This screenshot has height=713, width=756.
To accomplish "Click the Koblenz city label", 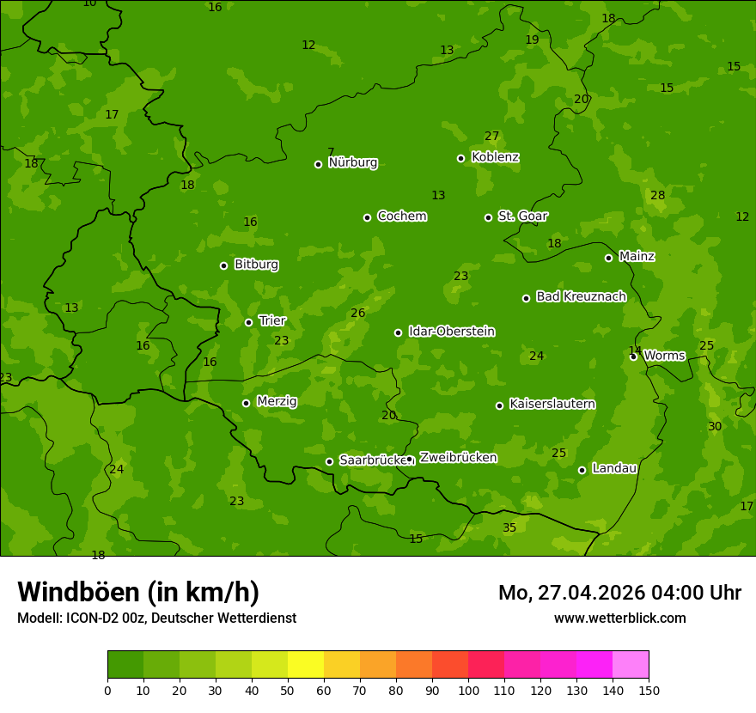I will [x=495, y=157].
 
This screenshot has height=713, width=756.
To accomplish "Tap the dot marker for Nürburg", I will [x=318, y=164].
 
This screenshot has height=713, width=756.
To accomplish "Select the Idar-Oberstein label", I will [x=451, y=332].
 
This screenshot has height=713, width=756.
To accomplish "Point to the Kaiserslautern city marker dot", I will [x=499, y=405].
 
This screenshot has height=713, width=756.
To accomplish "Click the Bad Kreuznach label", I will [x=581, y=296].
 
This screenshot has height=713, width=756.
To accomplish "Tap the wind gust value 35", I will [x=509, y=527].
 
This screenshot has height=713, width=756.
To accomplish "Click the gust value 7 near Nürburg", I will [x=331, y=152].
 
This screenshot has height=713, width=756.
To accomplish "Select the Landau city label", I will [x=614, y=468].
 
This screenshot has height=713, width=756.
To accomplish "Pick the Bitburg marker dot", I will [x=223, y=265].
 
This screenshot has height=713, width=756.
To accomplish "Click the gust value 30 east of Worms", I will [x=715, y=426].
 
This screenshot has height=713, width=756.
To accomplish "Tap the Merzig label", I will [x=277, y=401].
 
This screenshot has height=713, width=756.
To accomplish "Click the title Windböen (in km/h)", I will [x=138, y=592].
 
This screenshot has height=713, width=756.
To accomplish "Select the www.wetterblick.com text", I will [x=619, y=618].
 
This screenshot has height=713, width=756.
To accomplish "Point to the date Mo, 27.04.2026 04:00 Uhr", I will [x=619, y=593].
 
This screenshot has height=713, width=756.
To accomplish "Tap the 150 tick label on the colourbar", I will [x=649, y=689].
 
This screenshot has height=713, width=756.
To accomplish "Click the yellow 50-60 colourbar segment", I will [x=306, y=665].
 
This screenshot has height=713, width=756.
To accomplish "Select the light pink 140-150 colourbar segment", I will [x=631, y=665].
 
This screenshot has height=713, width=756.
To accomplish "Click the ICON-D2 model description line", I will [x=156, y=618].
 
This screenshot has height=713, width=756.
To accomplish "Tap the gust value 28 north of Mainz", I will [x=657, y=195].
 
